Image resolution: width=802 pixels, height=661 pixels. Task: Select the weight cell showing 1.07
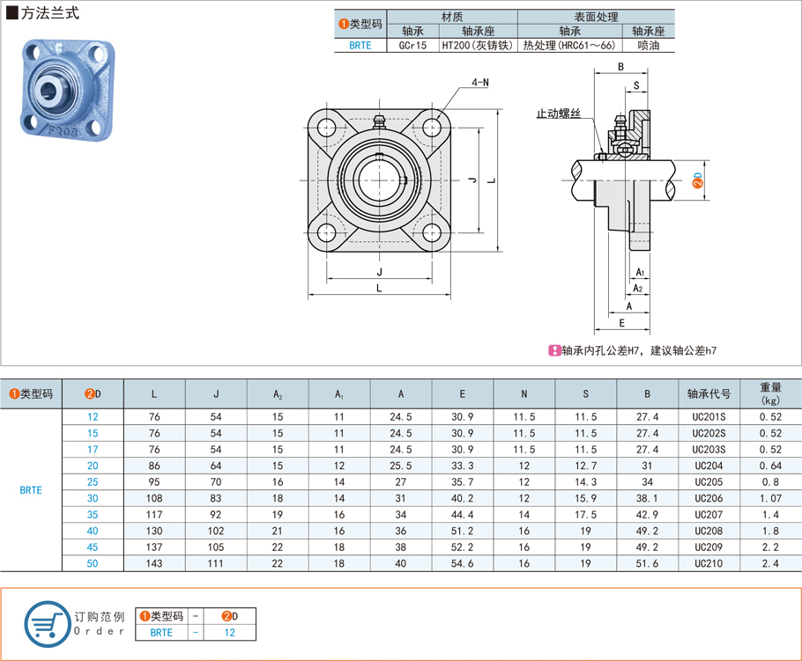(x=769, y=498)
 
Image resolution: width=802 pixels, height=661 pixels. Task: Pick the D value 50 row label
(x=93, y=563)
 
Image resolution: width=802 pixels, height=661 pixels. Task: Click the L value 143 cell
(x=154, y=563)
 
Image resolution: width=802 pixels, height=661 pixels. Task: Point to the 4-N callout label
(x=480, y=82)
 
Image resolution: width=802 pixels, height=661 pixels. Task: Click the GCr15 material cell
(x=412, y=45)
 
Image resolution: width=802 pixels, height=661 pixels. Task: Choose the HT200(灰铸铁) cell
(x=476, y=45)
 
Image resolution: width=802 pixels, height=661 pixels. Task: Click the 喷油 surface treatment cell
(x=648, y=45)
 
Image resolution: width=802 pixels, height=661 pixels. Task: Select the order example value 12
(x=228, y=631)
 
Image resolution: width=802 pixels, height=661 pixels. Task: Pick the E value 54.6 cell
(x=463, y=563)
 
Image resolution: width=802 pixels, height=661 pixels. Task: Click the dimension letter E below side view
(x=621, y=323)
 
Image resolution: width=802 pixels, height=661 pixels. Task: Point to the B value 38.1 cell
(x=648, y=498)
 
